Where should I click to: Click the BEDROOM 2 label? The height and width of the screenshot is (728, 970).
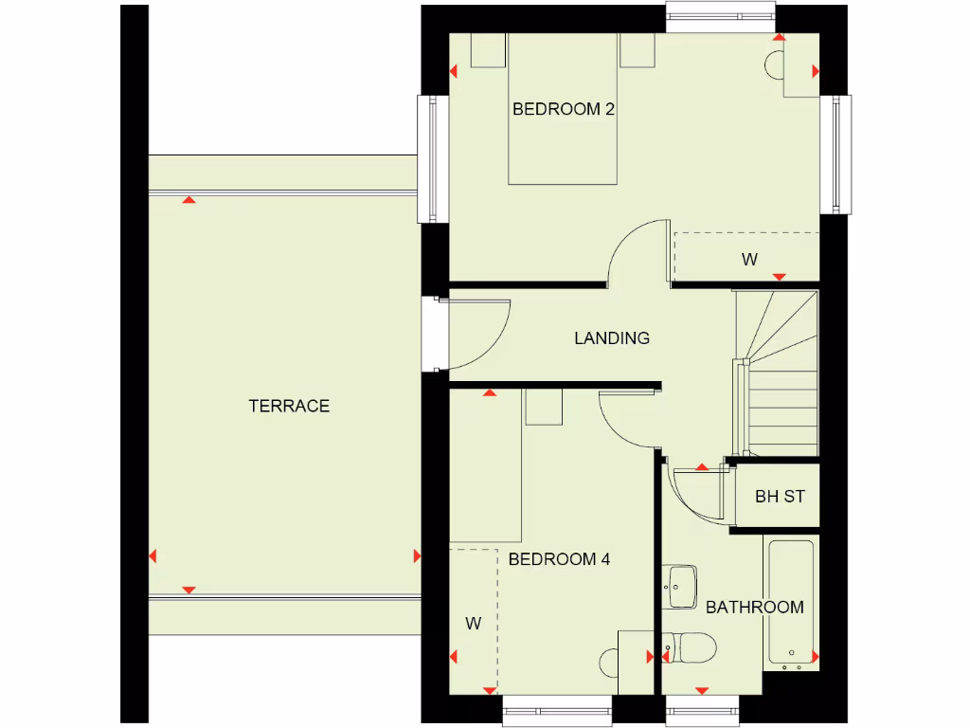563,109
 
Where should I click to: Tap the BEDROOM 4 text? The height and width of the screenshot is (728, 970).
559,559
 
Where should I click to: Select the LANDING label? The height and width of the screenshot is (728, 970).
612,337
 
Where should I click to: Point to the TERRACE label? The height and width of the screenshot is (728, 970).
289,406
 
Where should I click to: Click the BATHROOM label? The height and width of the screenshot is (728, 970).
754,607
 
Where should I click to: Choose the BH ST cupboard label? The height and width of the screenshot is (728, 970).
780,496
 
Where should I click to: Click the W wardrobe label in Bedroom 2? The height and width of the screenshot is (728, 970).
749,259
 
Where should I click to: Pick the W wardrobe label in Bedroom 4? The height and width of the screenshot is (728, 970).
474,623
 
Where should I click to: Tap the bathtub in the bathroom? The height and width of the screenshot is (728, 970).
790,602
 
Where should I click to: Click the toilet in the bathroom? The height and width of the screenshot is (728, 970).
691,649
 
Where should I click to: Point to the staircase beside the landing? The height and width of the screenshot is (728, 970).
777,374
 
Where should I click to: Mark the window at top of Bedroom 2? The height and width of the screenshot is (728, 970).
721,16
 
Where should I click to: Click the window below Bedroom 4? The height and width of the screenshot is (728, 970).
557,710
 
